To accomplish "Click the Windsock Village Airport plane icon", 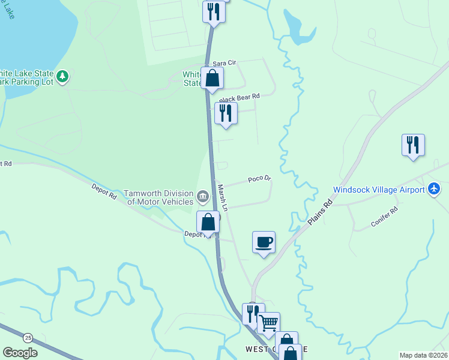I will coord(435,190).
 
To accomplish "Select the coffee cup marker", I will coord(264,242).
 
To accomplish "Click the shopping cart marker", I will coord(268,323).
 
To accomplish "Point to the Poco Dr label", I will coord(260,179).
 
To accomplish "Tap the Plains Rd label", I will coord(321,212).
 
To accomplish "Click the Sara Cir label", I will coord(222,64).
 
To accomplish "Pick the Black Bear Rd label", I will coord(240,97).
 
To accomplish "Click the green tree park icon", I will coord(63,77).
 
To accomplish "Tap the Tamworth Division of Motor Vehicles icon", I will coord(203,194).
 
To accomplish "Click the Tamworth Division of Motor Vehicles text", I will coord(159,197).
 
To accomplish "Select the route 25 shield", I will coord(28,337).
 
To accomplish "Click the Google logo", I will coord(20,353).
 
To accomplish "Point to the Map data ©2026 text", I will coord(423,355).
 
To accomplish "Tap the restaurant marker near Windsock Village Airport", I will coord(413,145).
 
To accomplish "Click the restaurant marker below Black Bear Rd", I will coord(226,113).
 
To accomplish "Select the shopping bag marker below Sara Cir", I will coord(212,78).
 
